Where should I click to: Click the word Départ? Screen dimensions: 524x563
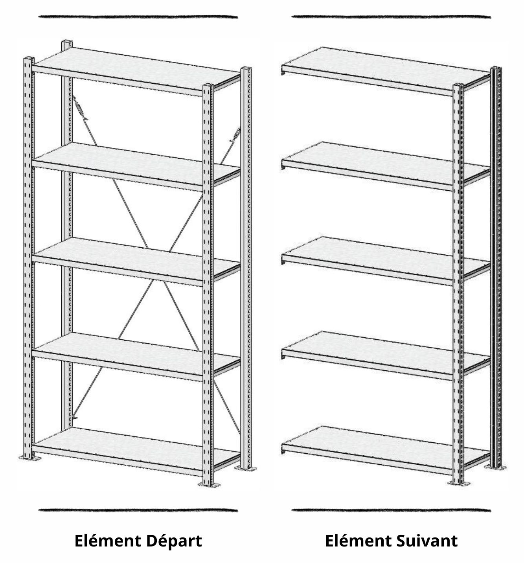coord(173,542)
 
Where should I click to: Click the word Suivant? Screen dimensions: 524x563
coord(427,541)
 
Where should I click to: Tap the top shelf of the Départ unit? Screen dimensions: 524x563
coord(136,71)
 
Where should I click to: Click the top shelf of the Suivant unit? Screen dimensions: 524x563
coord(386,71)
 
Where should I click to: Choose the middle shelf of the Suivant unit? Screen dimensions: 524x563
coord(386,261)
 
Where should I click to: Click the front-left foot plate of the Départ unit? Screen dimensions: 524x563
coord(29,458)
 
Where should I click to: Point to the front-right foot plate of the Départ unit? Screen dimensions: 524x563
coord(209,484)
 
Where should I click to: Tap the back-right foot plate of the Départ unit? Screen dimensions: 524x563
coord(246,469)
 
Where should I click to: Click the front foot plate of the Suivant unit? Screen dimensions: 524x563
coord(458,483)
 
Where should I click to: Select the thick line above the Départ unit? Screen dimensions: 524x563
coord(138,17)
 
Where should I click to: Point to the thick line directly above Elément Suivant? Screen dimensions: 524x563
coord(391,511)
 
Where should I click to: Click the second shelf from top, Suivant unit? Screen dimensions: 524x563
coord(386,166)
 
